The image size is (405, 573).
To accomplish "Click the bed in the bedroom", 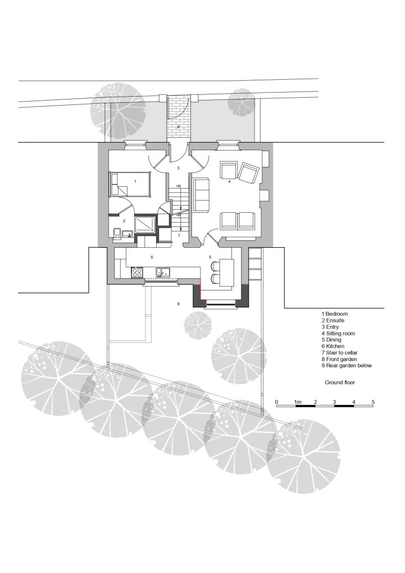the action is (130, 184).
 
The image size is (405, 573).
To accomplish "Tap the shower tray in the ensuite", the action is (145, 224).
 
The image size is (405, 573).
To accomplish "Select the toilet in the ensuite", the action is (117, 234).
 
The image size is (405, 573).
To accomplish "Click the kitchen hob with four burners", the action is (137, 272).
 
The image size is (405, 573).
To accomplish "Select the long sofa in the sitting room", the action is (201, 195).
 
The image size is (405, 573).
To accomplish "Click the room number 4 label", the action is (230, 181).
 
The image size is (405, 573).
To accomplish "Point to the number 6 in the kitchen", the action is (152, 257).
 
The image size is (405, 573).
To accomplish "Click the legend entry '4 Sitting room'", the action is (338, 333).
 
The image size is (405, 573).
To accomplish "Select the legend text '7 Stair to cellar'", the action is (339, 353).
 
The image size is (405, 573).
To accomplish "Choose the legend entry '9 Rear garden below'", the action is (347, 366).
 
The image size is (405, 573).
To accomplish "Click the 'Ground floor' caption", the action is (340, 383).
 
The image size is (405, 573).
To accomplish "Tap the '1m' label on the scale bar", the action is (298, 402).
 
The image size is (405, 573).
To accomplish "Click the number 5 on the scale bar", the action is (373, 402).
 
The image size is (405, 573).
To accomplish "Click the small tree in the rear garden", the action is (198, 325).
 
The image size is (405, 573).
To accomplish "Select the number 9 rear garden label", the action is (179, 304).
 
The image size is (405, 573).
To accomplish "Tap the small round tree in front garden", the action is (241, 102).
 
